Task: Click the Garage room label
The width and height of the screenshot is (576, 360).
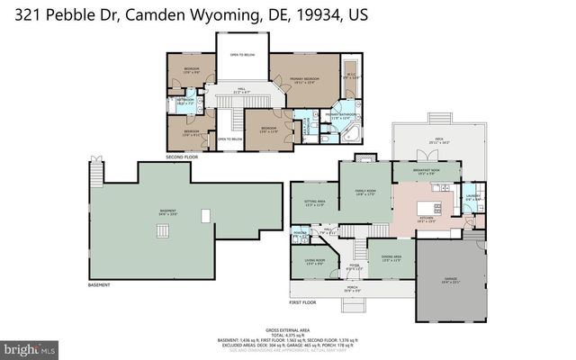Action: click(x=450, y=281)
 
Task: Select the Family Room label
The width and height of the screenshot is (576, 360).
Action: click(x=364, y=193)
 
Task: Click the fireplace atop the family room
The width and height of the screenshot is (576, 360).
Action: click(x=364, y=158)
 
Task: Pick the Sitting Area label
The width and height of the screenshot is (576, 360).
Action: click(x=314, y=203)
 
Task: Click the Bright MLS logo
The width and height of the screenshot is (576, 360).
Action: click(x=29, y=346)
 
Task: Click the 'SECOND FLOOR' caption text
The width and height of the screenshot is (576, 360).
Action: click(x=182, y=157)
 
